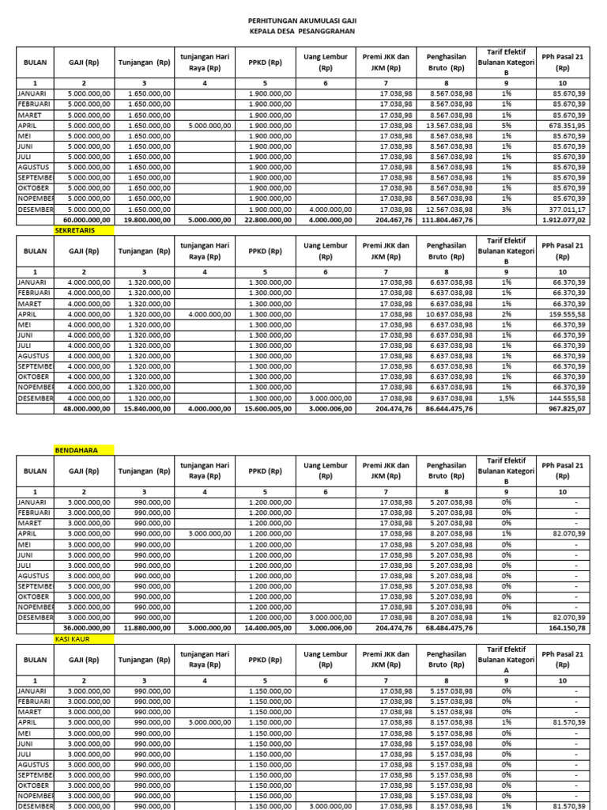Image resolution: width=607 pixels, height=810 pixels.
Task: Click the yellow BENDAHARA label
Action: (x=76, y=450)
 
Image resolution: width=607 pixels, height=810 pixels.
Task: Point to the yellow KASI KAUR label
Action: (x=74, y=638)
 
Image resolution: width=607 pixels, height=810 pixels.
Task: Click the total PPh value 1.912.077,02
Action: (x=562, y=220)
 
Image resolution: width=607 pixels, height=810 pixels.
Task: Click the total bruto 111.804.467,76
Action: (x=445, y=220)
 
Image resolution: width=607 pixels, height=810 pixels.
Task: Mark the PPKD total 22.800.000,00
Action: (x=266, y=220)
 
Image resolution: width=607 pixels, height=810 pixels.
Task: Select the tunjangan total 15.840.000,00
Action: (x=145, y=408)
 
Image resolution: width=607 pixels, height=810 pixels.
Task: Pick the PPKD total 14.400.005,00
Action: (x=266, y=628)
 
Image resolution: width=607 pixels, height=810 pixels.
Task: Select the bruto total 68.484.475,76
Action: (x=447, y=628)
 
